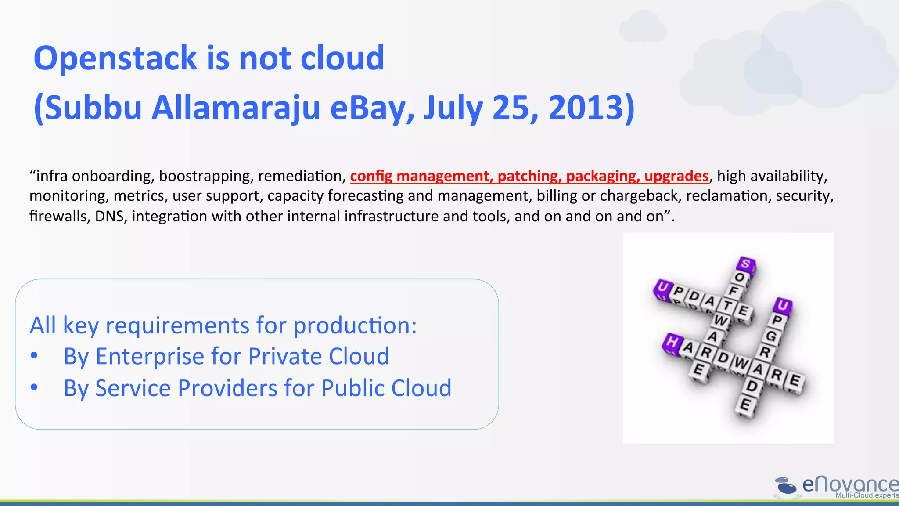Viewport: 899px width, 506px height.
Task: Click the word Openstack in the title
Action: point(115,58)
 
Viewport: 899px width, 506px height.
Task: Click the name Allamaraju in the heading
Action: point(236,108)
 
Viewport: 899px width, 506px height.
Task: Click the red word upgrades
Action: point(676,176)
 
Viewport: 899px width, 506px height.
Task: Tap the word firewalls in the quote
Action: point(60,217)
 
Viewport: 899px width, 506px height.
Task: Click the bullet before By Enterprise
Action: point(34,356)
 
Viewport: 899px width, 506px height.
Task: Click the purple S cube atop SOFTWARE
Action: point(746,264)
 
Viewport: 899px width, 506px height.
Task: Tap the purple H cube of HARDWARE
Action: point(672,342)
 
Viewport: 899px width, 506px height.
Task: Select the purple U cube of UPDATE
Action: point(662,289)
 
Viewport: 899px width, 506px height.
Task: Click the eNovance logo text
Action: point(849,484)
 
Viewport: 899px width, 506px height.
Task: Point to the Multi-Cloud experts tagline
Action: point(867,495)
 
